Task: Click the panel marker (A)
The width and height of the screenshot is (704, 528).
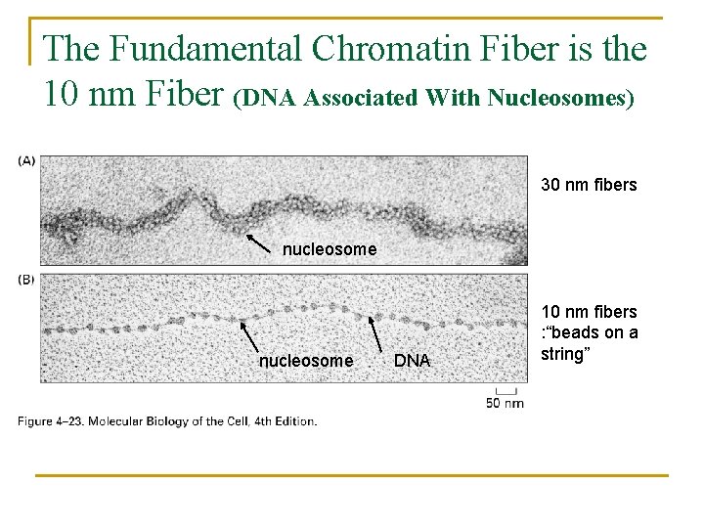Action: (26, 160)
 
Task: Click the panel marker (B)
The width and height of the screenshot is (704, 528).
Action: (26, 280)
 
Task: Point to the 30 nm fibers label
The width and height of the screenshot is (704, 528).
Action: (589, 185)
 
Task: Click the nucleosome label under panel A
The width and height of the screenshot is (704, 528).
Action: (329, 249)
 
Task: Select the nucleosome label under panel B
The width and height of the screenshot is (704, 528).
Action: (306, 361)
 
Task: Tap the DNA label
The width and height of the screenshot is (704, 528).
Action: (412, 361)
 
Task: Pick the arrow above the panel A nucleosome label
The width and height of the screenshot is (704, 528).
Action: (257, 242)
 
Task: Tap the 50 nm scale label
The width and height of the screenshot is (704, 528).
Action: (505, 402)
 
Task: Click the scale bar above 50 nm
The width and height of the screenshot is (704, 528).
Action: (506, 390)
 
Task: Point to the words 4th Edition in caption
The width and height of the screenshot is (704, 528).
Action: (284, 421)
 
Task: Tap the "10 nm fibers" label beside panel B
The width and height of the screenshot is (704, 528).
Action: (589, 312)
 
